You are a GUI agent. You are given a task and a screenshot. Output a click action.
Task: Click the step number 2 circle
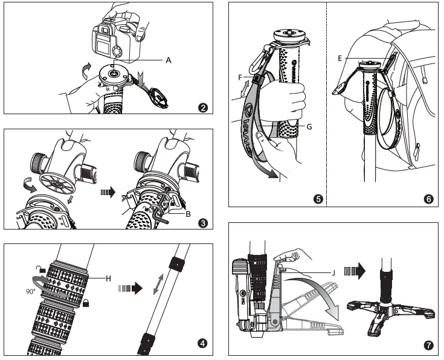(x=204, y=108)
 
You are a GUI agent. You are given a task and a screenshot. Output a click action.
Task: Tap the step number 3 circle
(x=204, y=223)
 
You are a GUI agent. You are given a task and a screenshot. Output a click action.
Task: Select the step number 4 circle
(x=204, y=344)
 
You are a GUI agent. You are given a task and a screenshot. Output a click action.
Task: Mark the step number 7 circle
(x=428, y=346)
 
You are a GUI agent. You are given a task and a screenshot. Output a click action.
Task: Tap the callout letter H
(x=109, y=277)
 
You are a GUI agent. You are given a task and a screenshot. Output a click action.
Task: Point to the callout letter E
(x=341, y=59)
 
